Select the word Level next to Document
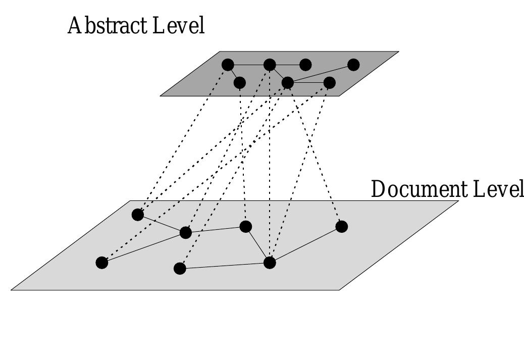(498, 189)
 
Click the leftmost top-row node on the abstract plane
(228, 65)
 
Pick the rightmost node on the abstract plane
(353, 65)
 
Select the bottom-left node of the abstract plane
(240, 83)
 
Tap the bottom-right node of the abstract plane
(330, 83)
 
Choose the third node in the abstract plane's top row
(305, 65)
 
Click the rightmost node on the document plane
(342, 227)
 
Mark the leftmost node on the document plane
(102, 263)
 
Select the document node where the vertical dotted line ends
(270, 263)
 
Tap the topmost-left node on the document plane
(138, 215)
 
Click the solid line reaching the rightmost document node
(305, 245)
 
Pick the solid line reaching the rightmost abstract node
(321, 74)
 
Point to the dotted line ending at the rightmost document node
(315, 155)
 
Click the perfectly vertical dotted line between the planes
(270, 164)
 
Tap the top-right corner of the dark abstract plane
(399, 52)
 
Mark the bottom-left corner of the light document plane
(12, 290)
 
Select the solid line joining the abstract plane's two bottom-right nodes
(308, 83)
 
